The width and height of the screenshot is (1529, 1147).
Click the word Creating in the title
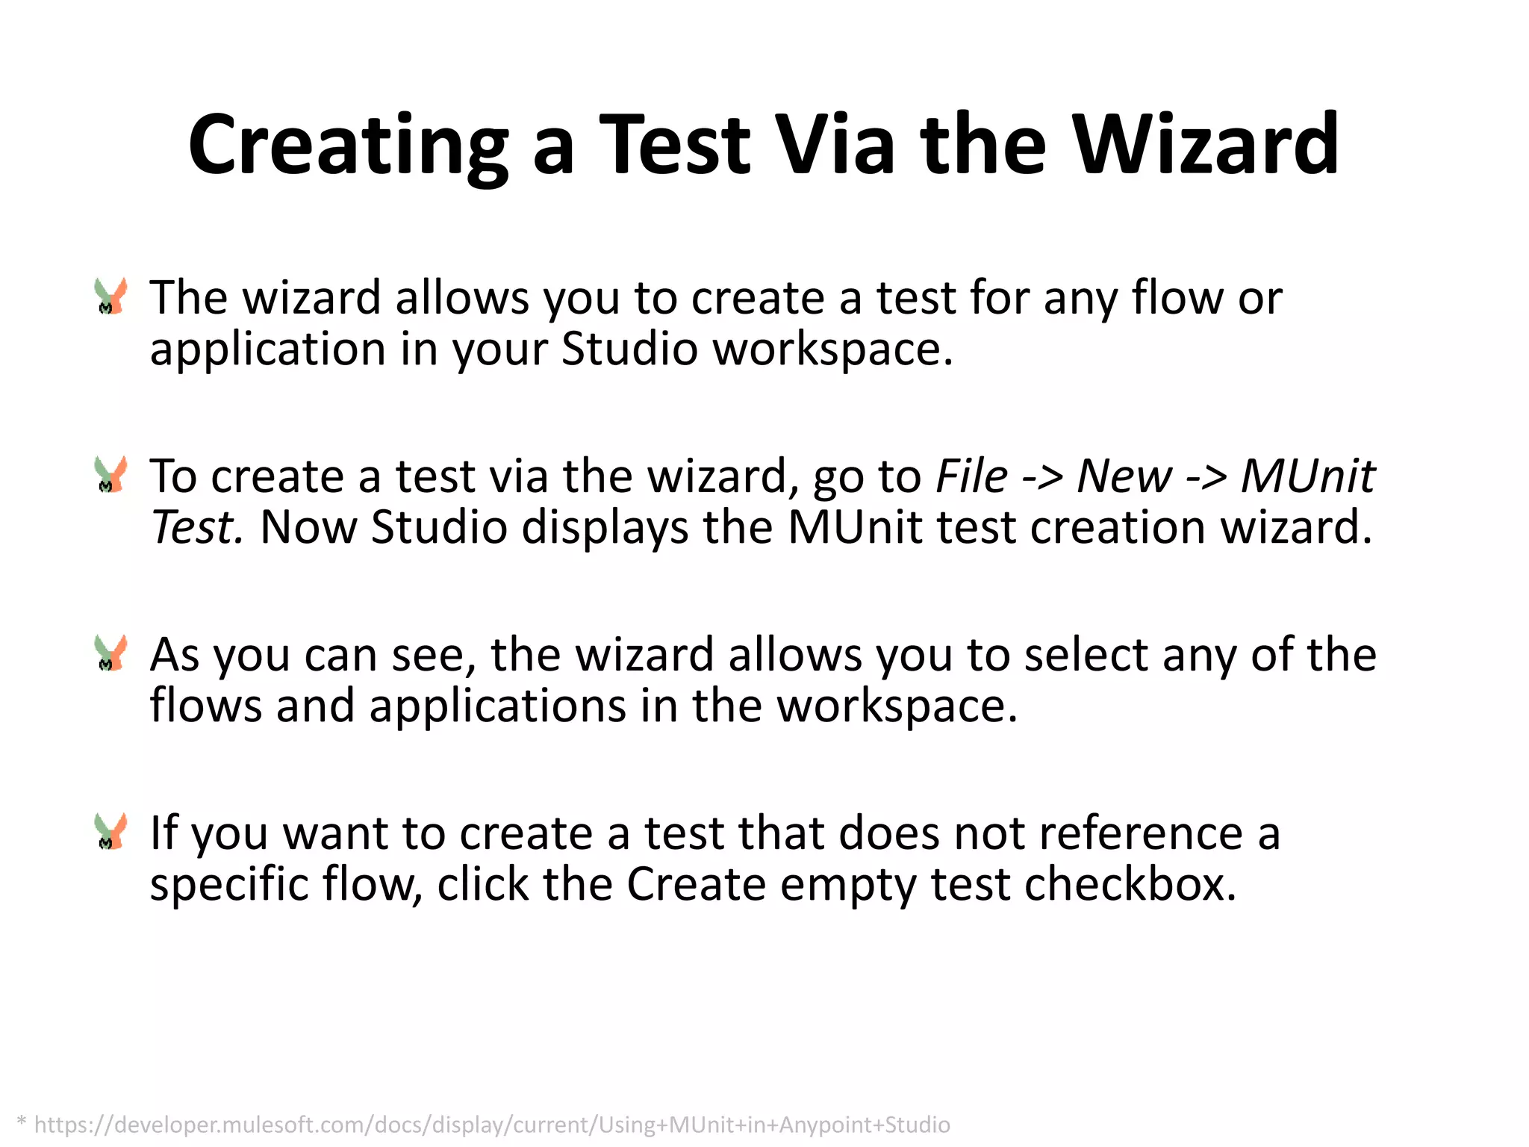pos(348,146)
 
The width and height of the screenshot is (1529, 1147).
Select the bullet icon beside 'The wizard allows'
pos(111,296)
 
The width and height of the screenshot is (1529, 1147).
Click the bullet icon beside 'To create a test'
pos(111,475)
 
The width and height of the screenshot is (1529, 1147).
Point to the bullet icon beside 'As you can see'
pos(111,653)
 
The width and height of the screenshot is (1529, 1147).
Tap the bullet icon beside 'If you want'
pos(111,832)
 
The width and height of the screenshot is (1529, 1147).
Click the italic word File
pos(971,476)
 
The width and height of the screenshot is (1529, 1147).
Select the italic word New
pos(1124,476)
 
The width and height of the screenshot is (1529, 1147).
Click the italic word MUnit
pos(1307,476)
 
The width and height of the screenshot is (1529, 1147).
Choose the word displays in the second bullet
pos(605,529)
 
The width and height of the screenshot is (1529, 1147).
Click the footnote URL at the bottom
pos(492,1124)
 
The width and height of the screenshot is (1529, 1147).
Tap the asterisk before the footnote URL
pos(22,1122)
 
